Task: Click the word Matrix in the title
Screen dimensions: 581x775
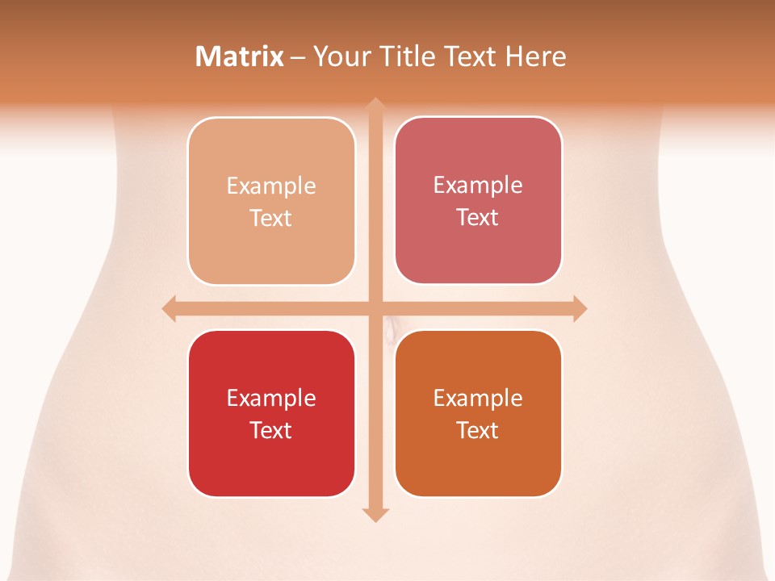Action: point(240,56)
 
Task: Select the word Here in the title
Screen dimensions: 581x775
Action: point(535,56)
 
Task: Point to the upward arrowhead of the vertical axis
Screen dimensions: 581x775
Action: point(375,105)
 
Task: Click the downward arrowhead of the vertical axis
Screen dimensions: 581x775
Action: point(375,514)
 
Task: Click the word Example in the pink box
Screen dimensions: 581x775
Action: point(478,186)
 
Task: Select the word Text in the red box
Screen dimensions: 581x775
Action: point(271,430)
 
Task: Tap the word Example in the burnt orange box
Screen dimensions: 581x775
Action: point(478,398)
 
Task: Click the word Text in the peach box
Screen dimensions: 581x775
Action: point(271,219)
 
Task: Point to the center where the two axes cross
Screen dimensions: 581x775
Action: point(375,308)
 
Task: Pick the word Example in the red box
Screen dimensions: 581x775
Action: point(271,398)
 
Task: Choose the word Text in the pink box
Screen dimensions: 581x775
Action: point(478,218)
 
